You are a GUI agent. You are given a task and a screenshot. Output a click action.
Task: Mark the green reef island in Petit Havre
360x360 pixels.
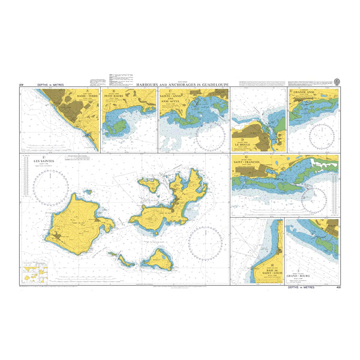(117, 127)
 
